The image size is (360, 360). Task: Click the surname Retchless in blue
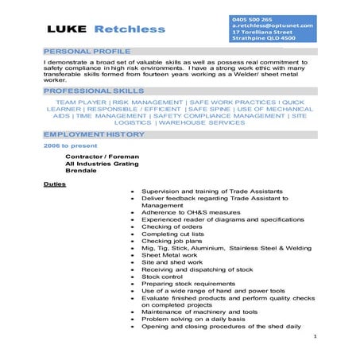(130, 29)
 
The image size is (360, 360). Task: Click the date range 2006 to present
(68, 146)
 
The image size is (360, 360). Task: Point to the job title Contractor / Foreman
(102, 157)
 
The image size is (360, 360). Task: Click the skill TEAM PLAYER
(82, 103)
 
